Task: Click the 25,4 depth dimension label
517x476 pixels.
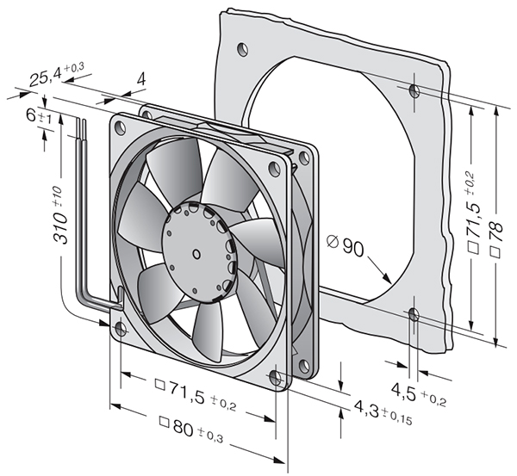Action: coord(56,75)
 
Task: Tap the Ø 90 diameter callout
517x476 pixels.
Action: coord(345,245)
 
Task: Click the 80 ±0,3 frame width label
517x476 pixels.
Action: coord(190,429)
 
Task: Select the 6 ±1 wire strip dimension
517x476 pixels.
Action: coord(39,116)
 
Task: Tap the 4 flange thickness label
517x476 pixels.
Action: coord(141,79)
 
